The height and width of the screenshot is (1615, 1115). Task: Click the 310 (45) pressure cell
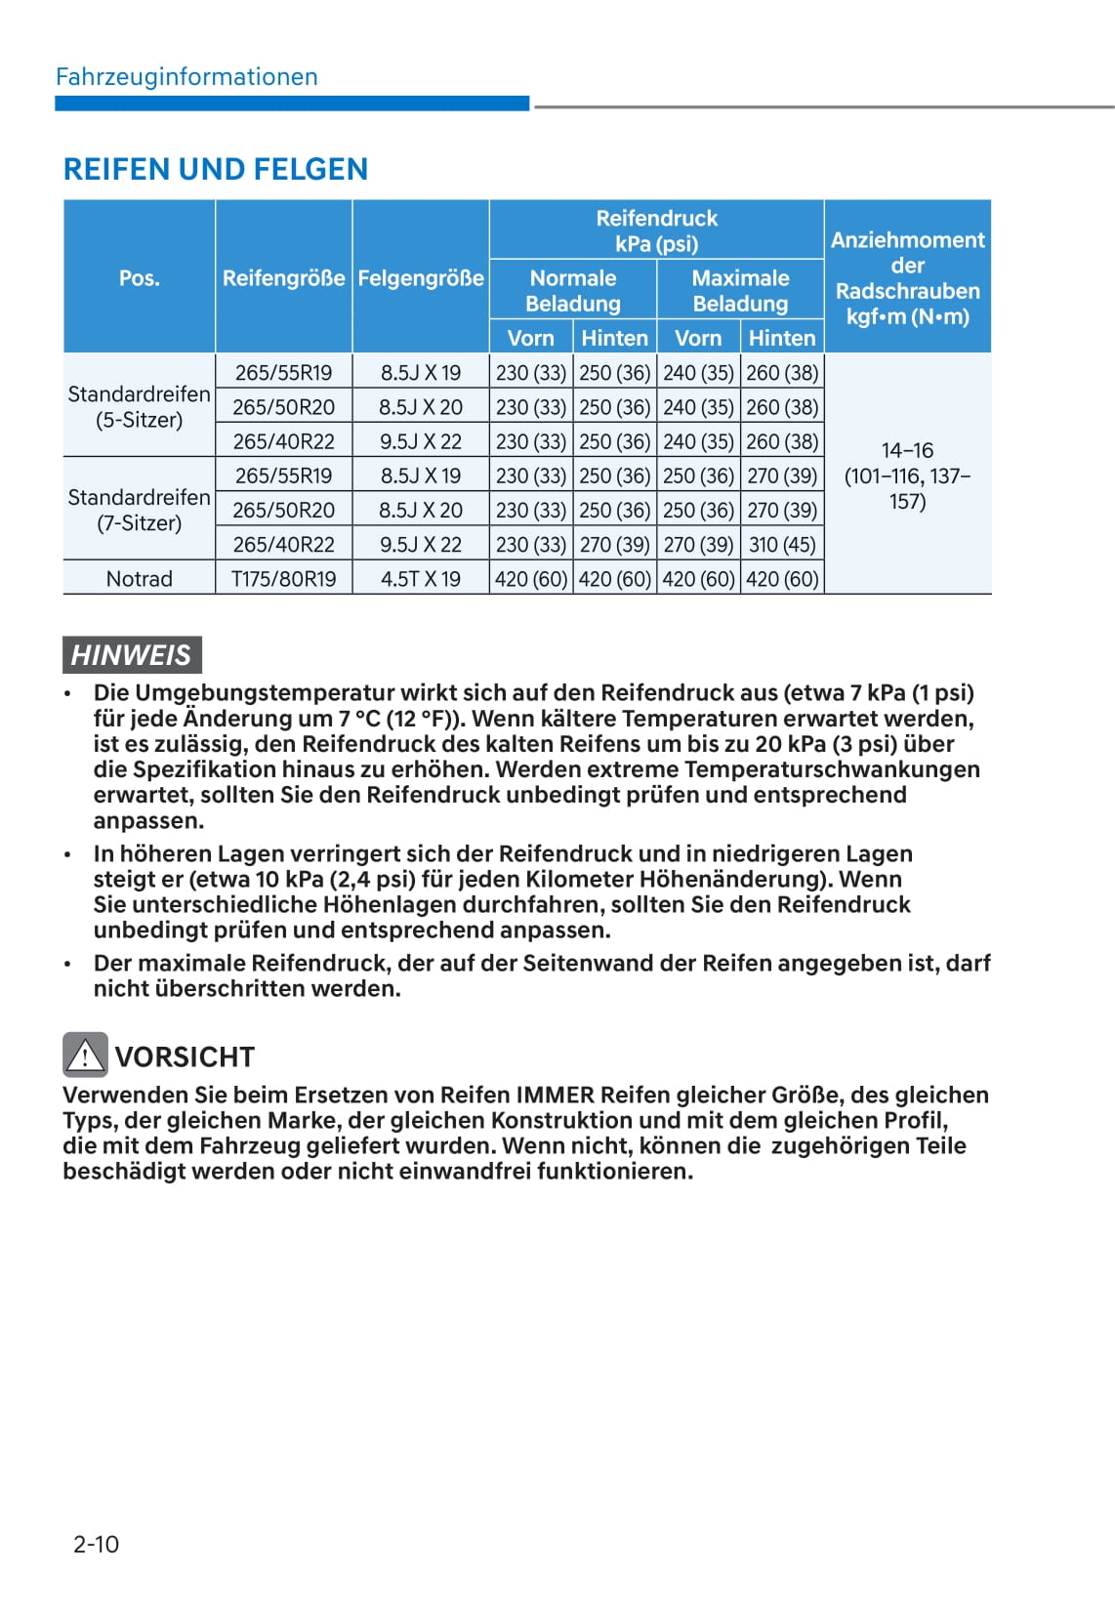click(782, 545)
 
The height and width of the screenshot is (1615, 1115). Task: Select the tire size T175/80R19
click(283, 579)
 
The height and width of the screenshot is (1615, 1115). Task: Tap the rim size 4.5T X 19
click(421, 579)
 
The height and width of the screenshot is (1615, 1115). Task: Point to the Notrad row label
click(139, 579)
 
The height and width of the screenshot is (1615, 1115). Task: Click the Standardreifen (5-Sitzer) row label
click(139, 407)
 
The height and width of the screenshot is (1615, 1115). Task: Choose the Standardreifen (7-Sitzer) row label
click(139, 510)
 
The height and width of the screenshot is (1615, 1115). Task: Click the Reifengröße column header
click(283, 278)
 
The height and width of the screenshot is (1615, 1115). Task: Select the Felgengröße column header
click(421, 278)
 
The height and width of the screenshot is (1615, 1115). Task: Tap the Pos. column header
click(139, 278)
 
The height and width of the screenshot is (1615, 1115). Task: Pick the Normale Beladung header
click(573, 291)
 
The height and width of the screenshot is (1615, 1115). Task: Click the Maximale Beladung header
click(740, 291)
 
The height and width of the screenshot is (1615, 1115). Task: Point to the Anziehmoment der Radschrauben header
click(907, 278)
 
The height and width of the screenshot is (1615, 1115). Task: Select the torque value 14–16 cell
click(907, 476)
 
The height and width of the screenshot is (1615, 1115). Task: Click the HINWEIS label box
click(132, 654)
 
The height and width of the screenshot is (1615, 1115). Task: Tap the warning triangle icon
click(85, 1055)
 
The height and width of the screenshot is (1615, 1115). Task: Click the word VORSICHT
click(185, 1056)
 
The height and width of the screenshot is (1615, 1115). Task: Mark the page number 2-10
click(96, 1544)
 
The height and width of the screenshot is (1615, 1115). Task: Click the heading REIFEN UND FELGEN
click(216, 169)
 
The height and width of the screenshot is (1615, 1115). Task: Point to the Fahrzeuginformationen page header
click(186, 77)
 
